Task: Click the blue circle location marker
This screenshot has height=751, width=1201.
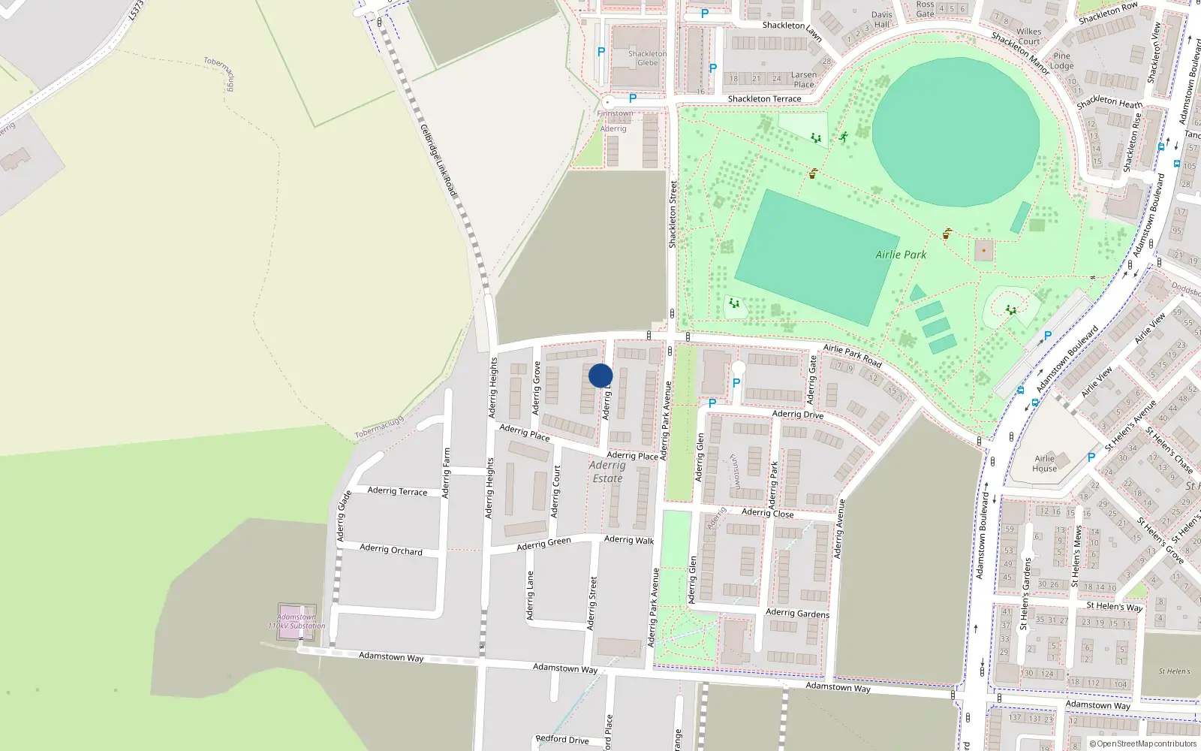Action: coord(600,375)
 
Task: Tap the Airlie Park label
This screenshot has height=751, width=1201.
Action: coord(901,255)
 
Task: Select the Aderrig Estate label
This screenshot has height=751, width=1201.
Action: coord(607,472)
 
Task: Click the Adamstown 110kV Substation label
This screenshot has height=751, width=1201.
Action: coord(297,622)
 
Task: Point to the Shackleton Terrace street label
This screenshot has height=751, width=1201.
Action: coord(764,99)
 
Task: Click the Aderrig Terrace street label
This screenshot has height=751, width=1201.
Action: coord(397,491)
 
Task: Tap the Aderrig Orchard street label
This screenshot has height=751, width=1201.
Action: coord(390,550)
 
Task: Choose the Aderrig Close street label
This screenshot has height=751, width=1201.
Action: coord(767,513)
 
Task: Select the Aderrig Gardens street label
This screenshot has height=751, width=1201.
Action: coord(797,614)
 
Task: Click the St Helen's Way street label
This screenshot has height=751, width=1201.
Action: coord(1114,606)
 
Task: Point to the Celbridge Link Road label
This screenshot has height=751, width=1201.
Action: coord(438,161)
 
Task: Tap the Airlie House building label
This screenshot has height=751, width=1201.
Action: coord(1044,463)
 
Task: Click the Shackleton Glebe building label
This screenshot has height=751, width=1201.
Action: coord(647,59)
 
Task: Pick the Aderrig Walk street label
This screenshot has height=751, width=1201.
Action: coord(629,539)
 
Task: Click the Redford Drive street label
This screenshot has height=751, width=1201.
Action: coord(562,740)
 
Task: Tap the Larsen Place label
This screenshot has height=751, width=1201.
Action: coord(803,80)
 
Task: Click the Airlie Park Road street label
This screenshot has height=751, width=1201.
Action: coord(852,354)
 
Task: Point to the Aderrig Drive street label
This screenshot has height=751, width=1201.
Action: coord(797,415)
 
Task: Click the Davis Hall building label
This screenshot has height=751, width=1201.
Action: coord(881,20)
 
